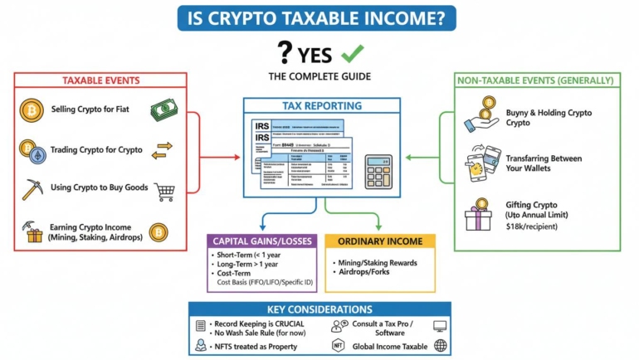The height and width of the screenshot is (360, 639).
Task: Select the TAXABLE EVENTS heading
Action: click(101, 80)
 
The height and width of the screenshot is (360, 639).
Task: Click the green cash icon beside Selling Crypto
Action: click(163, 110)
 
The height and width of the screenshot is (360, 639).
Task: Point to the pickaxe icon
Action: click(32, 189)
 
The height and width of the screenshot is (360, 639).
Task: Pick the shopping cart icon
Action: click(164, 192)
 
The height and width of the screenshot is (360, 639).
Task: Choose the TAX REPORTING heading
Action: click(321, 106)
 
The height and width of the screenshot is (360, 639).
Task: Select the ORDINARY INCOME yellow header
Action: click(380, 241)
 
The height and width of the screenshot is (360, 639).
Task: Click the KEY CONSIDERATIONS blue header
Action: click(319, 309)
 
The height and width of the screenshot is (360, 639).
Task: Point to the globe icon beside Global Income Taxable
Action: click(440, 345)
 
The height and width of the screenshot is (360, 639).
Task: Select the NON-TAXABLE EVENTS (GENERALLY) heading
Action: click(539, 80)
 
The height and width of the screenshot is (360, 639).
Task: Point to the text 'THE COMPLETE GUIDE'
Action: click(319, 76)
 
